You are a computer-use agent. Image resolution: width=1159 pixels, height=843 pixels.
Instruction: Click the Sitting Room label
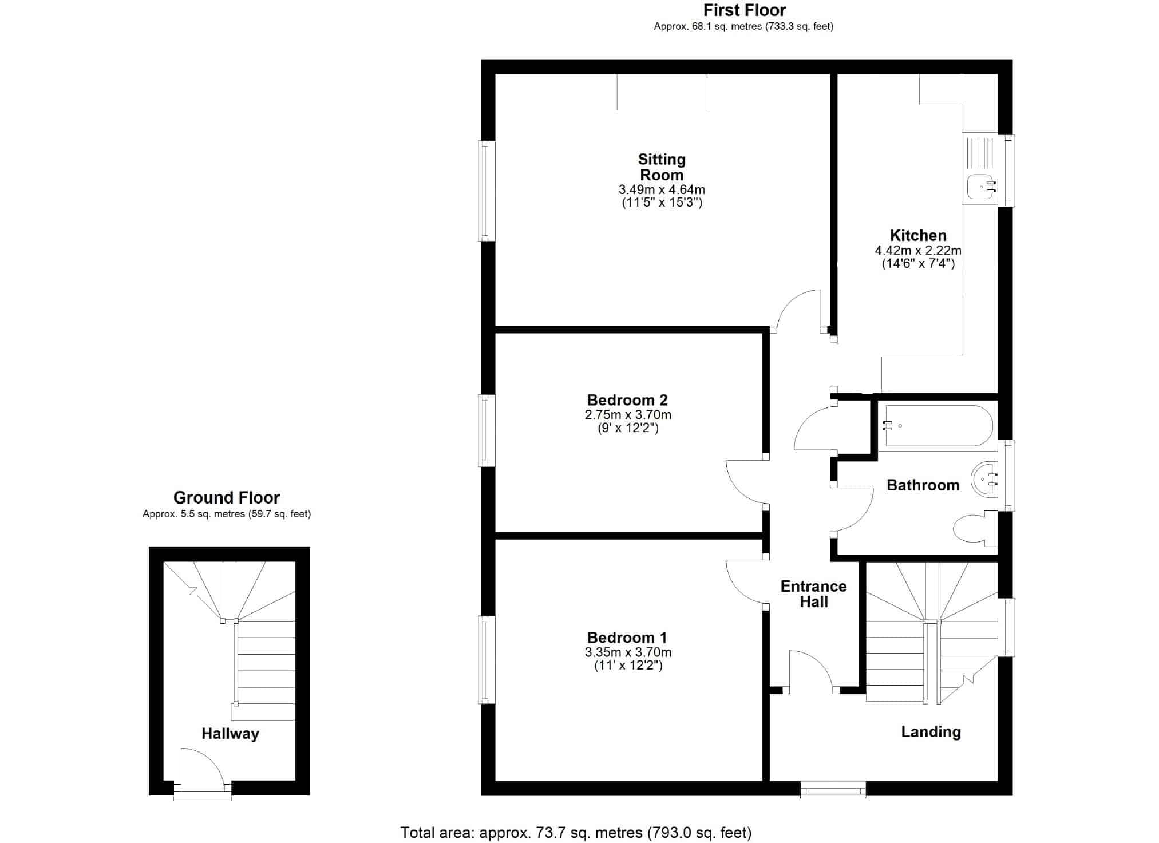(x=662, y=167)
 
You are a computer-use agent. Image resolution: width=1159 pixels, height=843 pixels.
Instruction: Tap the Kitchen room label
(x=918, y=235)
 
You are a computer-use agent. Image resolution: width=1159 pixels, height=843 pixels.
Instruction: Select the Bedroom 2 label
(x=627, y=400)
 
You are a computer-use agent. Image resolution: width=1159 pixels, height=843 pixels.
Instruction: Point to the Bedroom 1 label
(x=627, y=638)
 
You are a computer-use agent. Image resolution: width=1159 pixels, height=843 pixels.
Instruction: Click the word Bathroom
(x=923, y=485)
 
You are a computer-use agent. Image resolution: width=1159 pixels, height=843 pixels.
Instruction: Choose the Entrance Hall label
(x=813, y=594)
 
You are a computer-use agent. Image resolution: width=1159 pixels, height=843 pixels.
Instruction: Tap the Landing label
(x=931, y=732)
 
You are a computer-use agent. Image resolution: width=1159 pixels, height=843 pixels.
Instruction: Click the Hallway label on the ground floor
(x=230, y=734)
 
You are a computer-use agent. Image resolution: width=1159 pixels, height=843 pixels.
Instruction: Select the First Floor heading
(x=745, y=10)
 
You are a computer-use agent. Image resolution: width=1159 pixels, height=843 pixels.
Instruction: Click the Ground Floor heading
(x=227, y=497)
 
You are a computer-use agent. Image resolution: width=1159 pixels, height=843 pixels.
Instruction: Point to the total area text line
(x=576, y=833)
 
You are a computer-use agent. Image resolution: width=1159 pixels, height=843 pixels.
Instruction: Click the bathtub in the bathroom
(x=939, y=426)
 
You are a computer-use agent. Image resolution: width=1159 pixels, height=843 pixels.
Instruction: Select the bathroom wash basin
(x=984, y=478)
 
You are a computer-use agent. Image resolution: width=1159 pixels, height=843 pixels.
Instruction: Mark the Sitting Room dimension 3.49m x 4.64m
(x=662, y=189)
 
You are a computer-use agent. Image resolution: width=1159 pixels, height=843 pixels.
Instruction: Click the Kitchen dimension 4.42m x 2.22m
(x=918, y=250)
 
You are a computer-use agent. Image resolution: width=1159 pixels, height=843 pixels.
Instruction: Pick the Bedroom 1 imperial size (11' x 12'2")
(x=628, y=666)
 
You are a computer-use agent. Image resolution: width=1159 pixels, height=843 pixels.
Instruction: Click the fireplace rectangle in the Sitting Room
(x=662, y=92)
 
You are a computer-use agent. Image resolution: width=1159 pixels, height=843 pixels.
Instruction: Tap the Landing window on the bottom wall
(x=833, y=790)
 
